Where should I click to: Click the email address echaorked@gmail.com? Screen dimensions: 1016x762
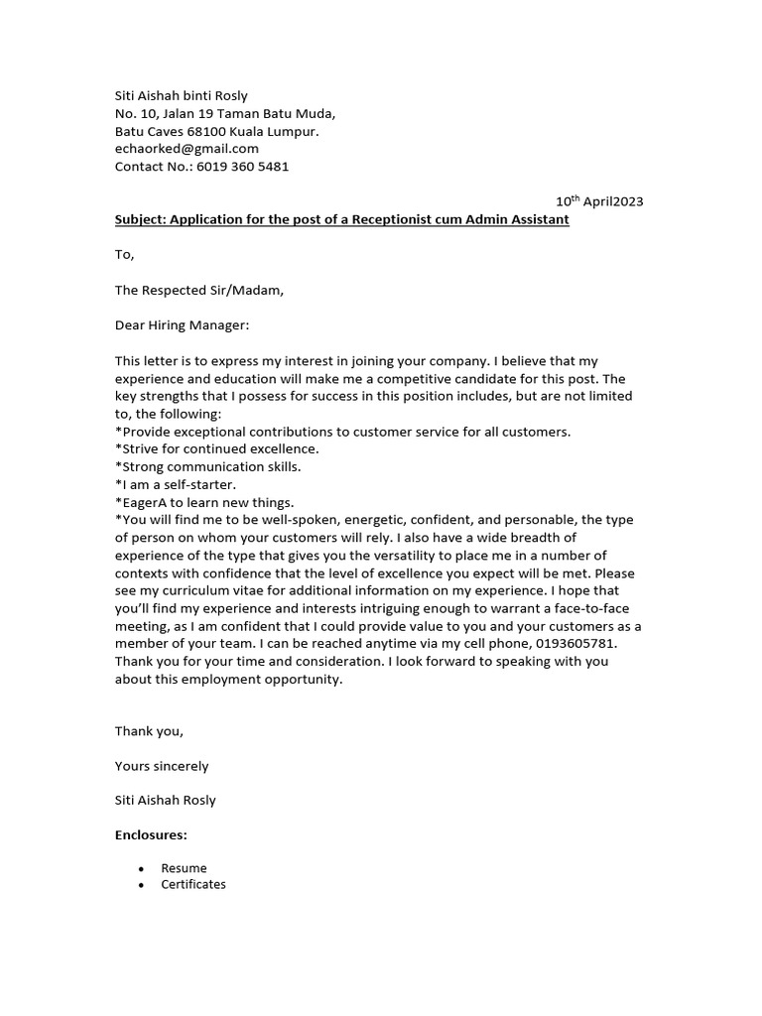(x=187, y=149)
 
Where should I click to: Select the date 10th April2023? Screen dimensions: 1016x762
(x=599, y=201)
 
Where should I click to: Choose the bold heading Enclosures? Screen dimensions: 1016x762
(x=151, y=835)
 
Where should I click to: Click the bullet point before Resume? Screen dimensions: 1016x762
(x=142, y=869)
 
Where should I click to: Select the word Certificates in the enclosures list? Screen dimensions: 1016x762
(x=193, y=884)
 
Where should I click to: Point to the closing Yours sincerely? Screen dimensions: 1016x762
(x=162, y=766)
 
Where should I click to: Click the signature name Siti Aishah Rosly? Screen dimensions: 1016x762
(x=165, y=800)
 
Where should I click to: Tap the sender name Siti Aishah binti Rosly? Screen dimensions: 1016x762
(x=182, y=96)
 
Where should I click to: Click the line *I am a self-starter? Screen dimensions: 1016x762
(x=176, y=484)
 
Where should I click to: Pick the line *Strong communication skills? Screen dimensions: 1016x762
(x=207, y=466)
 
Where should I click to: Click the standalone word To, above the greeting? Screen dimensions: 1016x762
(x=124, y=255)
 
